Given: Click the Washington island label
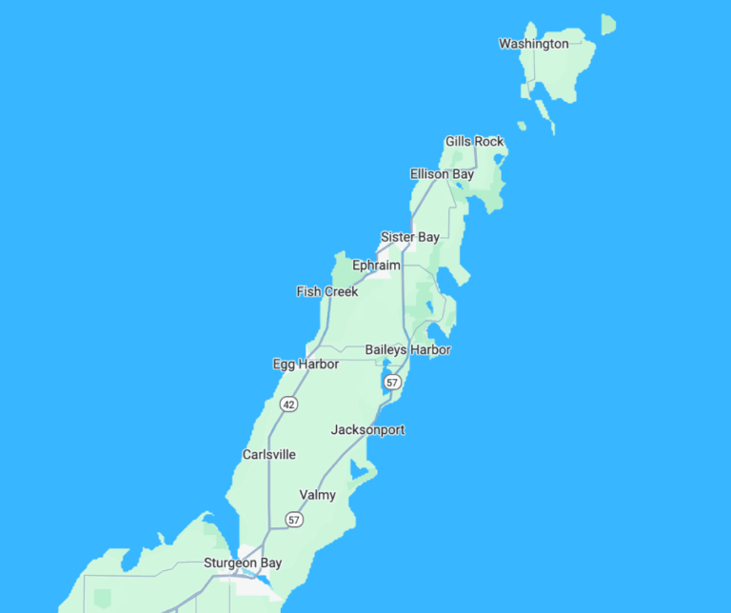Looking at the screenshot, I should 533,44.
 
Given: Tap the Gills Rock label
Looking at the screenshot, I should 474,142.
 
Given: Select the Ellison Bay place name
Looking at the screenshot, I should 442,174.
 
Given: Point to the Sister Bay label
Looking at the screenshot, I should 409,237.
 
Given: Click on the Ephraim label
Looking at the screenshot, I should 376,266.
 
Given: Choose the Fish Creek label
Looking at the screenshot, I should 327,291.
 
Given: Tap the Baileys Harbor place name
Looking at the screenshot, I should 407,350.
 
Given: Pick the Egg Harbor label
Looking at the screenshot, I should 306,365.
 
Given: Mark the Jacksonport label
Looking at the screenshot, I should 367,430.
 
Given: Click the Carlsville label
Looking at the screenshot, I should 269,455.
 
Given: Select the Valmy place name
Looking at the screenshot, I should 317,495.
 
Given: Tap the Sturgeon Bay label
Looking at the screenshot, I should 243,564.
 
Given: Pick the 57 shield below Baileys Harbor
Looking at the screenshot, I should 392,382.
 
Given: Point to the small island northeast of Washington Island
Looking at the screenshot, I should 607,24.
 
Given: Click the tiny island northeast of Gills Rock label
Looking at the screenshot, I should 522,126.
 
